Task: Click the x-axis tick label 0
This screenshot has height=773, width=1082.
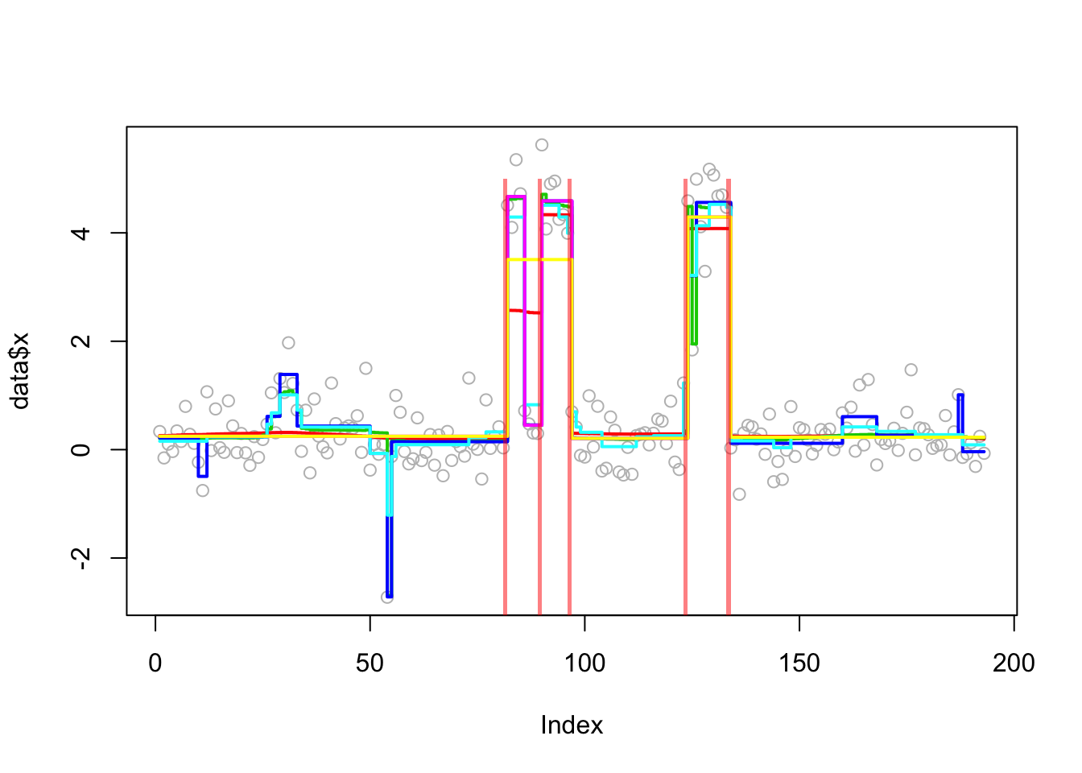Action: tap(155, 663)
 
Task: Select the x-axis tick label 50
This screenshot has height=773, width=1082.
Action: tap(370, 663)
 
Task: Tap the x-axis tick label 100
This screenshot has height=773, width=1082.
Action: tap(584, 663)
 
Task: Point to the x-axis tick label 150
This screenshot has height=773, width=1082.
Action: tap(799, 663)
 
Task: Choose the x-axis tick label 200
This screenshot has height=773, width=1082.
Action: tap(1014, 663)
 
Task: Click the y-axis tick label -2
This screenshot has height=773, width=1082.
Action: tap(81, 557)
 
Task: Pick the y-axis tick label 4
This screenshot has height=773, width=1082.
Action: tap(81, 233)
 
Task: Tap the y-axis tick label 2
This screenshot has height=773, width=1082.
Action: tap(81, 341)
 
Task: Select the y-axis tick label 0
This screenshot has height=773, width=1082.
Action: tap(81, 449)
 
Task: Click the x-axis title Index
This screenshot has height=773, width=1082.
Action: tap(572, 725)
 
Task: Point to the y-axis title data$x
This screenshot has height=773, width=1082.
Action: tap(20, 370)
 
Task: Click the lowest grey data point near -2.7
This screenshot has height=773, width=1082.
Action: tap(387, 597)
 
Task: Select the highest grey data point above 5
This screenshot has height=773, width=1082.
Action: tap(542, 145)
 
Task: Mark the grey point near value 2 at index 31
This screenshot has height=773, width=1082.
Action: tap(288, 343)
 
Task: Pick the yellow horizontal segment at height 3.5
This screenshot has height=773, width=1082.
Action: tap(539, 259)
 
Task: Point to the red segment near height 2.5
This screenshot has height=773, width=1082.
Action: tap(523, 311)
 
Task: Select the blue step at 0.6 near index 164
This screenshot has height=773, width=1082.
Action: tap(859, 417)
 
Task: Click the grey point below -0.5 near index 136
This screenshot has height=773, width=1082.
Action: tap(739, 494)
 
